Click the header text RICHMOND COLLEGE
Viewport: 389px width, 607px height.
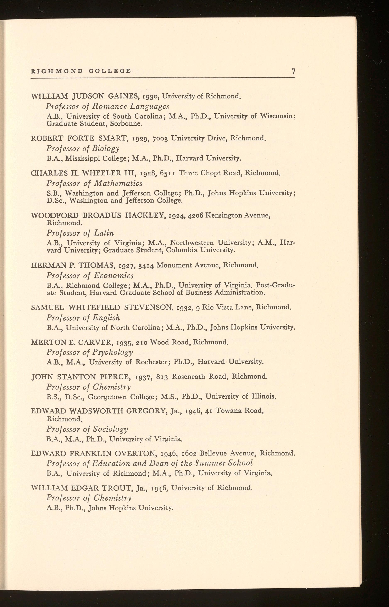point(81,71)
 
